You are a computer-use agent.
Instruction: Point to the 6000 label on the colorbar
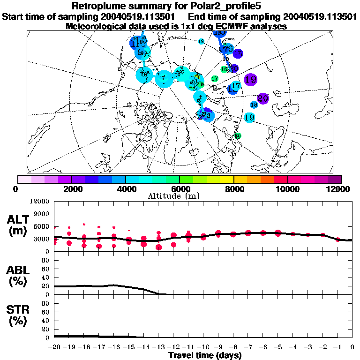(x=180, y=189)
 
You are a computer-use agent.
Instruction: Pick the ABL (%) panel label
(x=17, y=275)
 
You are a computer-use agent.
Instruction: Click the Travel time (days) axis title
(x=205, y=355)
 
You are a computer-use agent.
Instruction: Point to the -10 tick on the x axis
(x=203, y=347)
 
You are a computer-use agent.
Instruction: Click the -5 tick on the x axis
(x=277, y=347)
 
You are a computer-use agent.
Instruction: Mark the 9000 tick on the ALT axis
(x=42, y=214)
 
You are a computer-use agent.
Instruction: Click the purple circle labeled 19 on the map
(x=250, y=80)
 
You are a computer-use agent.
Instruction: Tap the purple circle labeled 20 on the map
(x=262, y=98)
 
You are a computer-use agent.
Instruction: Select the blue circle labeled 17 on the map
(x=235, y=87)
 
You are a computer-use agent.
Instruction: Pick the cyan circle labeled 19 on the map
(x=249, y=118)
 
